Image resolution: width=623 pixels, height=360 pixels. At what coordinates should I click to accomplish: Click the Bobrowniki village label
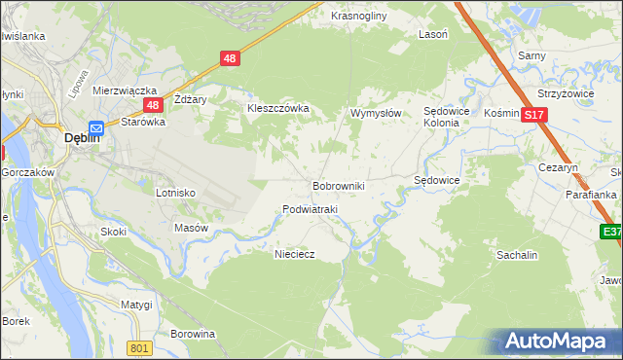tap(338, 185)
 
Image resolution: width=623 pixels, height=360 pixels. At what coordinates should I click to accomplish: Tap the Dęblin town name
tap(81, 138)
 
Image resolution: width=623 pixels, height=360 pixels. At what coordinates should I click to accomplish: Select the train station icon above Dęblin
tap(96, 126)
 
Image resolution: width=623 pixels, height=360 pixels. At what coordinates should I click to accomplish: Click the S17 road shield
tap(532, 115)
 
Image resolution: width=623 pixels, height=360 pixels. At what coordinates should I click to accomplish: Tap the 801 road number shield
tap(140, 348)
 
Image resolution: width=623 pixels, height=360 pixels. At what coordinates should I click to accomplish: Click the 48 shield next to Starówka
tap(152, 105)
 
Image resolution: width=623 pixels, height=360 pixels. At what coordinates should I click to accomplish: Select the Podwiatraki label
tap(310, 209)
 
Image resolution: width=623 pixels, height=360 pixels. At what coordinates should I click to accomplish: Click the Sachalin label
tap(517, 254)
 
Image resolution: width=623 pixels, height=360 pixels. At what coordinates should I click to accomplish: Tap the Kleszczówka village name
tap(277, 108)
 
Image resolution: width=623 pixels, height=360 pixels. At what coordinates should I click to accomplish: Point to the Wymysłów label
tap(376, 114)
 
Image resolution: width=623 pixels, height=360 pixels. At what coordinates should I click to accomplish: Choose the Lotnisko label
tap(176, 193)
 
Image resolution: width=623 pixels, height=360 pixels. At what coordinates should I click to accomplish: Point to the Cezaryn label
tap(559, 167)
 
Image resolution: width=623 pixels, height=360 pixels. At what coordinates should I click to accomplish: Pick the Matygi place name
tap(136, 305)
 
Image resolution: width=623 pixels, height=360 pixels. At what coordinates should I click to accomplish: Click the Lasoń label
tap(432, 33)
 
